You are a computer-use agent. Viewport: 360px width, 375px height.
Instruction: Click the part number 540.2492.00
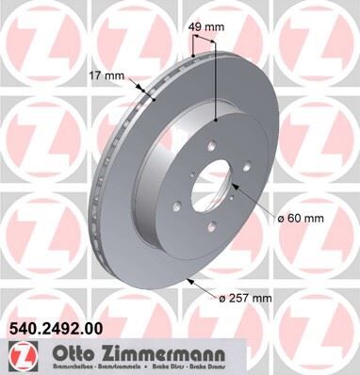(56, 330)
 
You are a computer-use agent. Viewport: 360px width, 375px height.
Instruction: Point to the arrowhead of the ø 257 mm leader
(191, 279)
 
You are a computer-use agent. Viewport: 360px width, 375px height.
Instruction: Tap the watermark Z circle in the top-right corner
(320, 38)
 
